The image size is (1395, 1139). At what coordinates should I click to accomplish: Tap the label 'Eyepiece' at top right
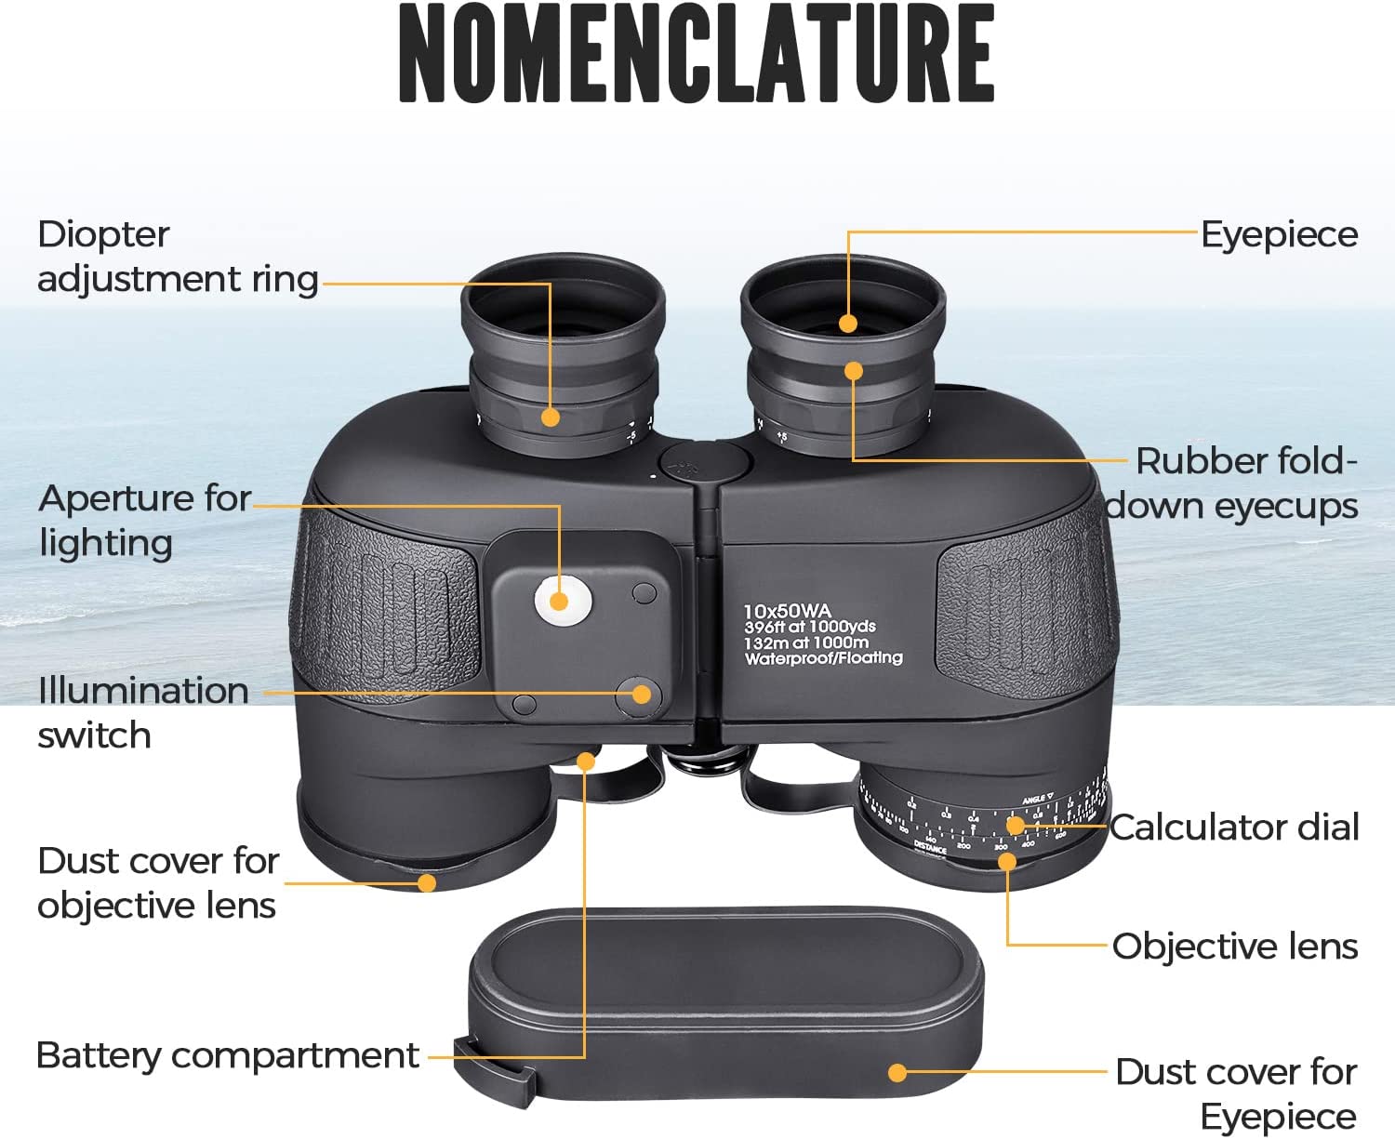click(1279, 234)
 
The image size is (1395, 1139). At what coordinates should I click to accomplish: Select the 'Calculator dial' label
click(1234, 827)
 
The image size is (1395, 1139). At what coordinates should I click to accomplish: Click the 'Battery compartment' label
click(227, 1055)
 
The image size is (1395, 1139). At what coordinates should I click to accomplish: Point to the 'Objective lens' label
click(1235, 946)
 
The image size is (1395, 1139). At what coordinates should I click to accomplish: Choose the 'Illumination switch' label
click(142, 712)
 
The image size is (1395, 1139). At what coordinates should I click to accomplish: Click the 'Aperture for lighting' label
click(144, 521)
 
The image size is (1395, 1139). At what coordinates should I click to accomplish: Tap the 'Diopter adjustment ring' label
click(177, 257)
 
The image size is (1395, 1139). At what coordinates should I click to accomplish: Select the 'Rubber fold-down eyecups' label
click(1232, 483)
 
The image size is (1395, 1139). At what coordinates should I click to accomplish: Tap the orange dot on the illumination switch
click(641, 693)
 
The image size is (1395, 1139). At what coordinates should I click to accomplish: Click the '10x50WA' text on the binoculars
click(787, 611)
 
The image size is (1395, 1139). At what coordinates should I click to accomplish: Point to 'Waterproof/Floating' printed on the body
click(823, 657)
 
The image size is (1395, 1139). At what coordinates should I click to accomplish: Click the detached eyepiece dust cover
click(725, 1004)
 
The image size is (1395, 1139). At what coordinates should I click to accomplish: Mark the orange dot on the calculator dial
click(1016, 825)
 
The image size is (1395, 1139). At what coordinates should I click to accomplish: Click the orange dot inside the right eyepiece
click(847, 324)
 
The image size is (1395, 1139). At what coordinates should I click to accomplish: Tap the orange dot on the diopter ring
click(551, 417)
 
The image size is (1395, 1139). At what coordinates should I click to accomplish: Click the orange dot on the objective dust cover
click(427, 882)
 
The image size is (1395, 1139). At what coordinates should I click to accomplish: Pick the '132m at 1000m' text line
click(805, 642)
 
